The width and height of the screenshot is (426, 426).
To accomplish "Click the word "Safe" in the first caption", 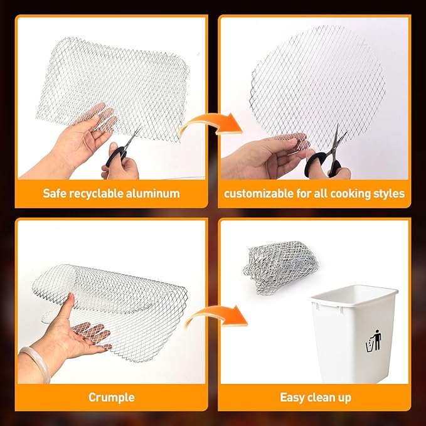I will (x=56, y=193).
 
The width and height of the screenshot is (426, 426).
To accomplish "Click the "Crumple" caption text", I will (x=112, y=397).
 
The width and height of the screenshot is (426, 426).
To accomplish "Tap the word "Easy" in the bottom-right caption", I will (x=293, y=397).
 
